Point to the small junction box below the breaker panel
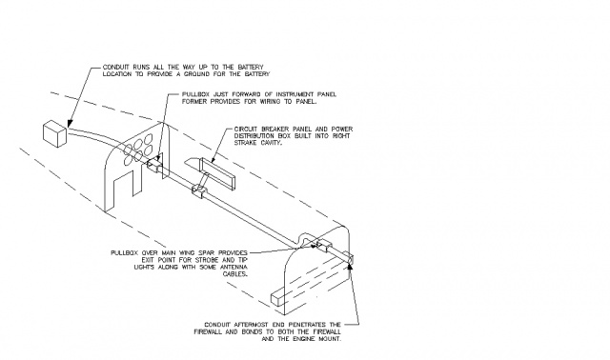199,192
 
